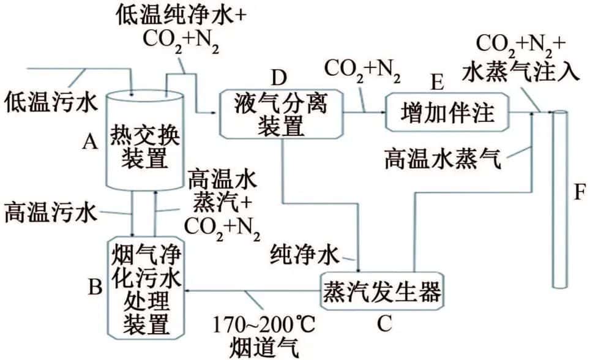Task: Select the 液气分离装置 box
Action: [282, 114]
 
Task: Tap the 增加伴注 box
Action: [447, 112]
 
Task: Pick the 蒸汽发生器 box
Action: [381, 291]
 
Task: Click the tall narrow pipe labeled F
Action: [559, 199]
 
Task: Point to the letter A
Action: [90, 142]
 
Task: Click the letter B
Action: [95, 287]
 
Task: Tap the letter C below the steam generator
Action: [384, 323]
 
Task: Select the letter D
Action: [279, 78]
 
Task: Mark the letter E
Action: [437, 82]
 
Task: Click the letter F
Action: [580, 192]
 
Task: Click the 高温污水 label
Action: [51, 213]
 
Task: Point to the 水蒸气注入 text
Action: [521, 72]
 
